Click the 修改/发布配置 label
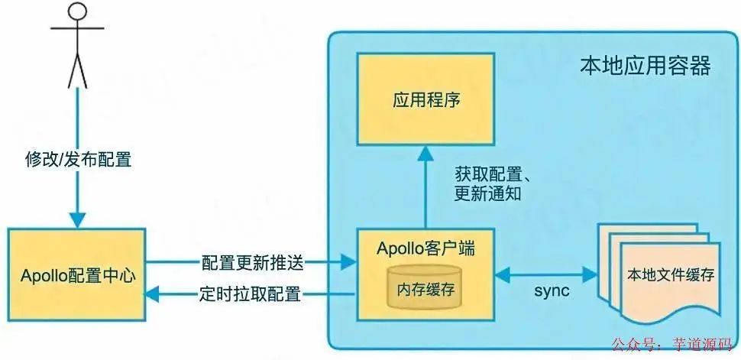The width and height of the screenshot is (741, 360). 78,160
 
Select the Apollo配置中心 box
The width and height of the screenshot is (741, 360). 77,273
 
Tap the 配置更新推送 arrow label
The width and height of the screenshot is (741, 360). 253,263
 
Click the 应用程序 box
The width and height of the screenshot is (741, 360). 427,99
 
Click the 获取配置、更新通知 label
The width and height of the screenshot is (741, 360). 487,183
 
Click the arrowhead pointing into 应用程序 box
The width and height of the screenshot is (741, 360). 427,154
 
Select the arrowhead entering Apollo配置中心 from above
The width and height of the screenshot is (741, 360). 77,219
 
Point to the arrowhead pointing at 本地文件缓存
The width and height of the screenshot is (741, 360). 592,273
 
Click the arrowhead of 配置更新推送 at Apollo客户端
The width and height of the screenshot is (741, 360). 351,263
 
